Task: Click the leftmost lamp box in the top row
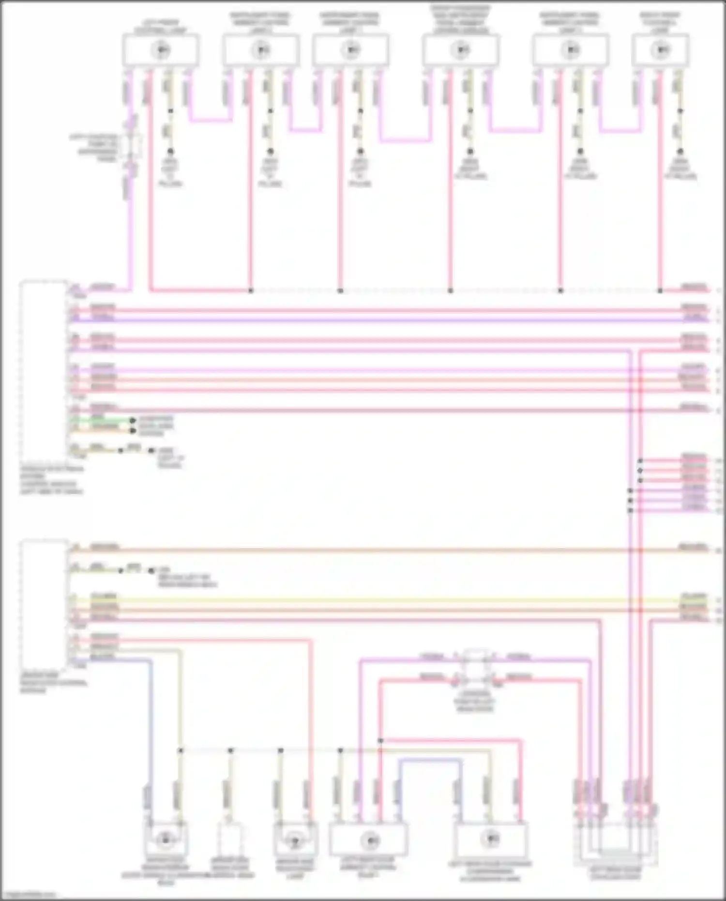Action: [x=160, y=50]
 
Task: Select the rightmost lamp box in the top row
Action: [x=660, y=50]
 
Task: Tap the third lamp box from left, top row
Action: [x=351, y=50]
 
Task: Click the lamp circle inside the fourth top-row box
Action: [x=461, y=50]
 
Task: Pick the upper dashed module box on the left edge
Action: [x=44, y=370]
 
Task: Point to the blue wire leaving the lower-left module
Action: [x=151, y=726]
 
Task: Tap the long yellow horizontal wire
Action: [x=387, y=600]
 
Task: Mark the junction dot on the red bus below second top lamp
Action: [x=251, y=291]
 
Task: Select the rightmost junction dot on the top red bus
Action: [x=660, y=291]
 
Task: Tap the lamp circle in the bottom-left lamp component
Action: [x=166, y=840]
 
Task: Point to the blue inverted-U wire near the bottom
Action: [x=428, y=761]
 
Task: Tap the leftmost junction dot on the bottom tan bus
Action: [x=181, y=750]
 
